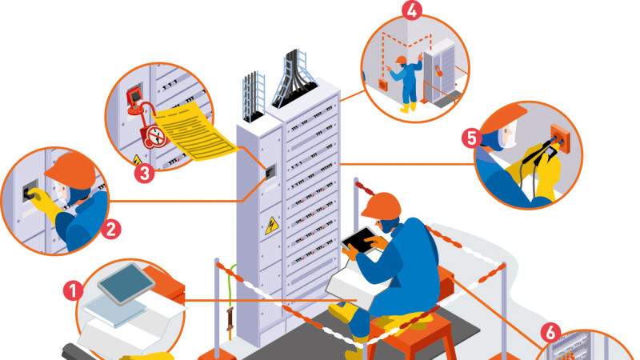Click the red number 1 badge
73,291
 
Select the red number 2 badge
111,230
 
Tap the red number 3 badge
145,173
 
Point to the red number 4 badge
412,10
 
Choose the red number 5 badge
472,138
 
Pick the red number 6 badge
550,332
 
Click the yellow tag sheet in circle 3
194,131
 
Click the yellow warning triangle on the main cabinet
271,226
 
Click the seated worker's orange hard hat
381,205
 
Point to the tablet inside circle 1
126,284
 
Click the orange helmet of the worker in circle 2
71,170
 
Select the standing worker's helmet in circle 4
401,60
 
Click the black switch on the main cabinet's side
270,172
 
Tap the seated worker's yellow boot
343,312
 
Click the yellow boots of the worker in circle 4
408,107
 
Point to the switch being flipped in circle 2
30,191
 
